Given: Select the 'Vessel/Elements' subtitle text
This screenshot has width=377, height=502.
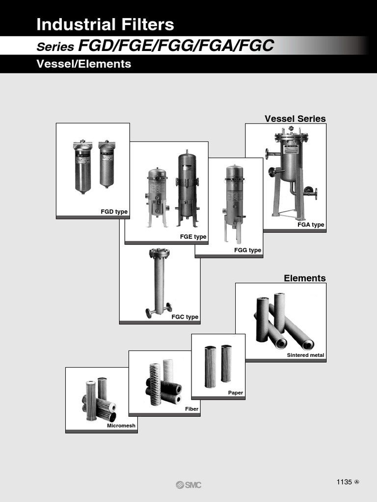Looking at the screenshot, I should point(84,64).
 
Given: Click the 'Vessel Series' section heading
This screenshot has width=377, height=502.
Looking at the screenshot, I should point(295,119).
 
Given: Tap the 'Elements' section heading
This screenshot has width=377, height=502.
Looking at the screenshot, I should point(304,278).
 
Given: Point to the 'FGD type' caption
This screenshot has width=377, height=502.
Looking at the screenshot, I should point(114,212).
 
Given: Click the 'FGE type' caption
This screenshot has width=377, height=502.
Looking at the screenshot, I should point(193,237).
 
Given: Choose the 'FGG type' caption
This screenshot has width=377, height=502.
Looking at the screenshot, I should point(247,250).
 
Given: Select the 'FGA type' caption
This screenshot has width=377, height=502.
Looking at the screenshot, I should point(311,225).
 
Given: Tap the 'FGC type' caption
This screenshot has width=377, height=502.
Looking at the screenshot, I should point(185,317).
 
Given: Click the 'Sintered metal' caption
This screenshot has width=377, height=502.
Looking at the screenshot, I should point(305,355).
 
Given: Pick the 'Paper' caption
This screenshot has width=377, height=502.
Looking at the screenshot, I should point(235,393).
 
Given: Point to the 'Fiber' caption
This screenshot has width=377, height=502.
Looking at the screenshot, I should point(191,408).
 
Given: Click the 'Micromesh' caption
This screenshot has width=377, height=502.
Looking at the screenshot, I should point(121,426).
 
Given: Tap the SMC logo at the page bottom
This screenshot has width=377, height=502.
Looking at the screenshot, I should point(188,485).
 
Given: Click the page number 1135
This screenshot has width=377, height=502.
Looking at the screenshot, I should point(344,482).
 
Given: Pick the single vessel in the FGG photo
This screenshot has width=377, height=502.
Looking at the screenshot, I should point(234,196).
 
